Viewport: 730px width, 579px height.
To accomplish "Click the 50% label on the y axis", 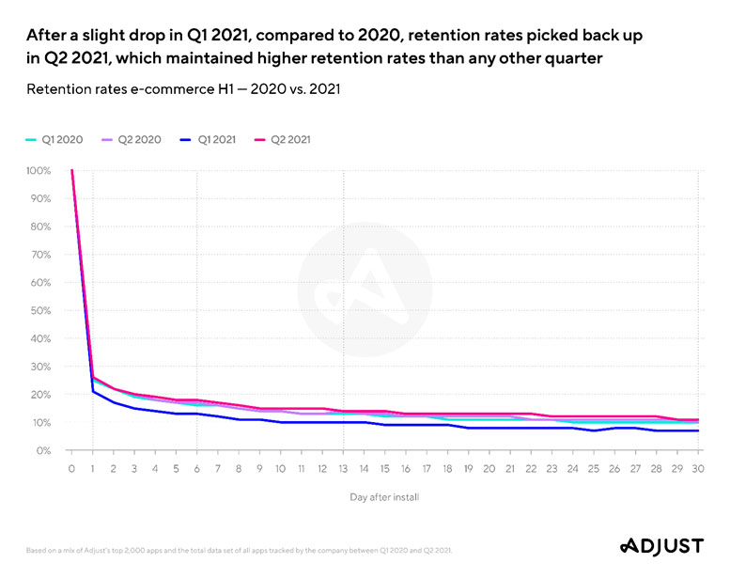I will (x=40, y=311).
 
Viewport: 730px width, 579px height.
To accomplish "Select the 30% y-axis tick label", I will (x=40, y=367).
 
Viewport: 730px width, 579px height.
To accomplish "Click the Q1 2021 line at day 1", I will (x=92, y=392).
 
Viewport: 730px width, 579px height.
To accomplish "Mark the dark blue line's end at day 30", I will (x=696, y=430).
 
